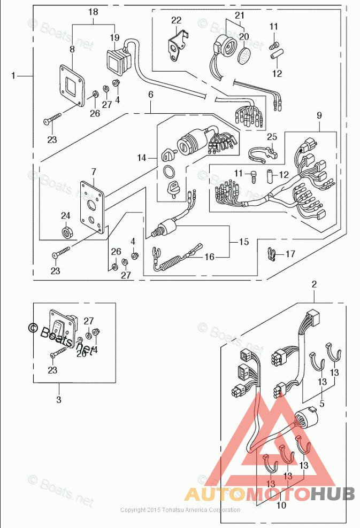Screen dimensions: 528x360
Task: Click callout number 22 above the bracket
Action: pos(177,20)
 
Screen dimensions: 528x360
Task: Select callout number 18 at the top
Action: pos(93,12)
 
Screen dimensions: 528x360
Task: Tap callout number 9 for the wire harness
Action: pos(319,114)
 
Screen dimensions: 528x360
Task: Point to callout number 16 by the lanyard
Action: pos(209,257)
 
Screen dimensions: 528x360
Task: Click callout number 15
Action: pos(243,242)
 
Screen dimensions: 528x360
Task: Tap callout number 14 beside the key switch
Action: pos(141,158)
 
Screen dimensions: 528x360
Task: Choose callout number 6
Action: pos(151,95)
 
